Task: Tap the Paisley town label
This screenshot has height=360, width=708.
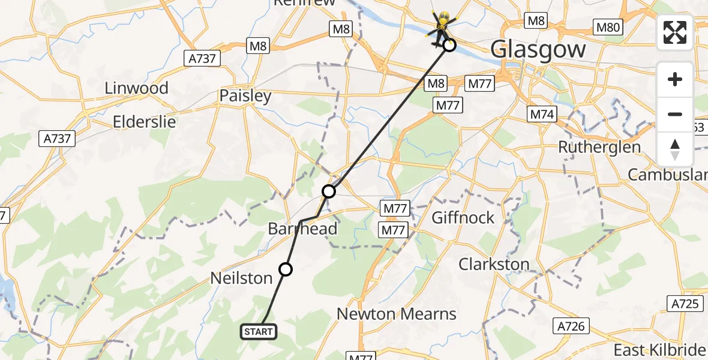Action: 245,95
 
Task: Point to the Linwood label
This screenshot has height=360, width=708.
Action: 136,88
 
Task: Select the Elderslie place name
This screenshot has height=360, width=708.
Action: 145,122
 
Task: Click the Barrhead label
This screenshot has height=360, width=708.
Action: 302,229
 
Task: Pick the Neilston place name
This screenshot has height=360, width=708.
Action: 242,278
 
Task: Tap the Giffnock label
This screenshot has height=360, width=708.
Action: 463,217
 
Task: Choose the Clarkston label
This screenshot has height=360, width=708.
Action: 494,264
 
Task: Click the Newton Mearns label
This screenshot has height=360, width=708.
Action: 397,314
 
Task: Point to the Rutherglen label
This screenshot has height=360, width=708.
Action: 599,147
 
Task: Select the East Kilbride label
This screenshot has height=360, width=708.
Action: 659,350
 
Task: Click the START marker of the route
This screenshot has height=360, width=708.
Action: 259,331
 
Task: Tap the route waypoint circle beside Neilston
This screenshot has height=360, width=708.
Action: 286,269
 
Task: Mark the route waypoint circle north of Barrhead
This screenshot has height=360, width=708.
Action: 329,191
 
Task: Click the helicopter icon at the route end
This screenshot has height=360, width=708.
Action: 442,27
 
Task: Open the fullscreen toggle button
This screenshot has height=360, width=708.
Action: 675,32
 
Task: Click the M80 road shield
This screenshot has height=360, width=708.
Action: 608,27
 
